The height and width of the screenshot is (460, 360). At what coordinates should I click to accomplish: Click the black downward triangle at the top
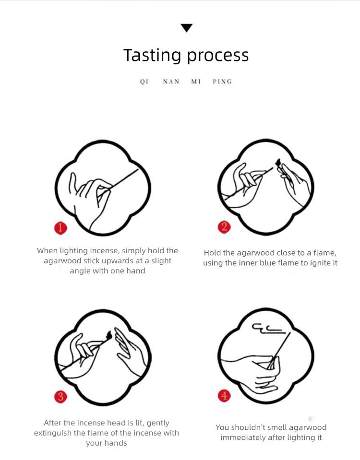(x=186, y=27)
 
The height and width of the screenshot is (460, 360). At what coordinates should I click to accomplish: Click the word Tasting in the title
(x=152, y=55)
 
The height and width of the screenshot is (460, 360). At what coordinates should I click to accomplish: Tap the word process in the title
(x=217, y=56)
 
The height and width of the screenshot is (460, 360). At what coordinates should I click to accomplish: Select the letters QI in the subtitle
(x=144, y=82)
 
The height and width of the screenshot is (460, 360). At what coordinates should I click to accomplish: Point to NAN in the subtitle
(x=171, y=82)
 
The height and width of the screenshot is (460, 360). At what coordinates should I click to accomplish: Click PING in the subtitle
(x=222, y=82)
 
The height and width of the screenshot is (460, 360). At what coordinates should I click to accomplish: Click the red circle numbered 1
(x=60, y=228)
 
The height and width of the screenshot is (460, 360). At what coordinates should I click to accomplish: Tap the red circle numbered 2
(x=224, y=227)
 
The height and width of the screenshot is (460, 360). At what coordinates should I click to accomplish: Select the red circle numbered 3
(x=60, y=397)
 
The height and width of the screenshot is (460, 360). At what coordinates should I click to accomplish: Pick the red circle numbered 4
(x=224, y=396)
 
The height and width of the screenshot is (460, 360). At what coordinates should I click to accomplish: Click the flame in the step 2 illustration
(x=278, y=162)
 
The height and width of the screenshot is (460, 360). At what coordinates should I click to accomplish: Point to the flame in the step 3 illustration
(x=109, y=334)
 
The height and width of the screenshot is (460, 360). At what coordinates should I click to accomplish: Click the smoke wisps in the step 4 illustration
(x=268, y=329)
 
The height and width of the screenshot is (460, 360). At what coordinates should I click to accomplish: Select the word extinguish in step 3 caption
(x=53, y=433)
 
